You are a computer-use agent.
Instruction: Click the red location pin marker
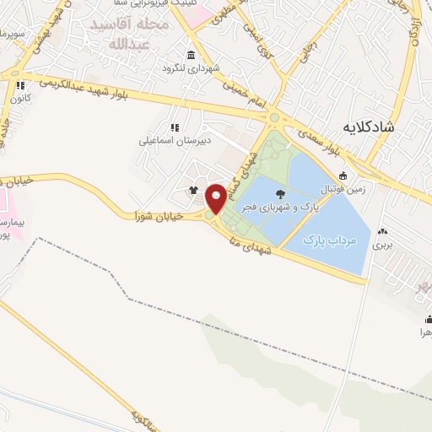tap(217, 197)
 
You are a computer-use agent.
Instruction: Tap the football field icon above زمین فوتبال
tap(343, 175)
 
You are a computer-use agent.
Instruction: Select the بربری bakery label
tap(384, 246)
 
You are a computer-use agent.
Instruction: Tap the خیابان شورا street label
tap(153, 216)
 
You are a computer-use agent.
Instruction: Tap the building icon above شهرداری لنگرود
tap(190, 55)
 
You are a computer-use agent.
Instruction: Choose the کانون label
tap(20, 98)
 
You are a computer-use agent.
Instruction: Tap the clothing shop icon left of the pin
tap(194, 191)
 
